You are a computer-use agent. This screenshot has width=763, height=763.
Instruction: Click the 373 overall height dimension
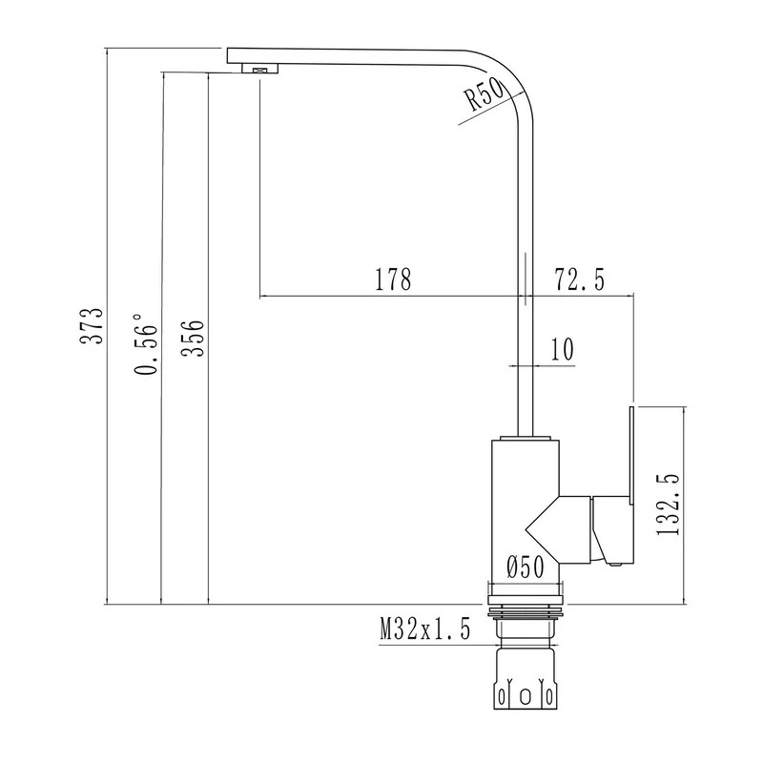[92, 325]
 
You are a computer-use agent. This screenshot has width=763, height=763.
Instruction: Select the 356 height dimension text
[193, 339]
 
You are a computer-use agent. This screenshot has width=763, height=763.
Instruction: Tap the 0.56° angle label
[147, 344]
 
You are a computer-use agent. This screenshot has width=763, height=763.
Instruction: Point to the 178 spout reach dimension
[393, 278]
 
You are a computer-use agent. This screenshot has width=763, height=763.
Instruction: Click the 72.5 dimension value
[579, 279]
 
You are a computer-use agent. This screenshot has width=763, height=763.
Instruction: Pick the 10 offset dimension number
[562, 348]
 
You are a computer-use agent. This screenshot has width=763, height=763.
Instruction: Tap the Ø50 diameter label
[525, 567]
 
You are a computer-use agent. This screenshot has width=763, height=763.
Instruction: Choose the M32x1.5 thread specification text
[425, 629]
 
